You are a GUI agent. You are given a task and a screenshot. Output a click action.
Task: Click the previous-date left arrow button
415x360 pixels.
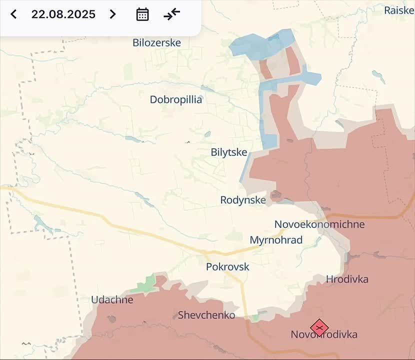[13, 14]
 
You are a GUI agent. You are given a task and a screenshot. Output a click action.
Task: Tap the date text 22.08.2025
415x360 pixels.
[63, 14]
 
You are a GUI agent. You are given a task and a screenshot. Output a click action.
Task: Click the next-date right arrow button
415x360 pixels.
[113, 14]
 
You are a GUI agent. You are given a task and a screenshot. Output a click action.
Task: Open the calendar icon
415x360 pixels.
[142, 14]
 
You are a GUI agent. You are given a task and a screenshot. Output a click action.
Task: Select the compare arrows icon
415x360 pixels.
[171, 14]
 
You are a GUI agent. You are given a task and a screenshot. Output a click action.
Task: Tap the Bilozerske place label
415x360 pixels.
[156, 43]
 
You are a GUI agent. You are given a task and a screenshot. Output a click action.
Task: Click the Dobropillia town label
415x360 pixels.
[176, 99]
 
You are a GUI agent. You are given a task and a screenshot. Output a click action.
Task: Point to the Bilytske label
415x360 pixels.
[229, 152]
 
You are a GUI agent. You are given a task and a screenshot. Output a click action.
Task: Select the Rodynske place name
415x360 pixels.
[243, 200]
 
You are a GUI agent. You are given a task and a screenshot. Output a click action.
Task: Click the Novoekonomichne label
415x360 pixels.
[319, 224]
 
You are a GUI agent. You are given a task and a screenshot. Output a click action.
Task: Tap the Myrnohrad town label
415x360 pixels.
[276, 240]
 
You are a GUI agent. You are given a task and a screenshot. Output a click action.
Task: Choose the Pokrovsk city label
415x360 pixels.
[227, 267]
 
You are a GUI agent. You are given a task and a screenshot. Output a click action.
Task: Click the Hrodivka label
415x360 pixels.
[347, 279]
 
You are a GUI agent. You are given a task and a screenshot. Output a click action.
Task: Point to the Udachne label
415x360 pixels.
[112, 300]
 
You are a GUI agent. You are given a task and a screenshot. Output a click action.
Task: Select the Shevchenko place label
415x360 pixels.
[206, 315]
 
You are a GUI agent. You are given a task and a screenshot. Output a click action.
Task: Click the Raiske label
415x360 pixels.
[398, 10]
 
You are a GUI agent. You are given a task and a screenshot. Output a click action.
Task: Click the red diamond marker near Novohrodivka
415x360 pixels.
[319, 328]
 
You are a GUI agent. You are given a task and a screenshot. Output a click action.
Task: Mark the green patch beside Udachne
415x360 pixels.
[145, 284]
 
